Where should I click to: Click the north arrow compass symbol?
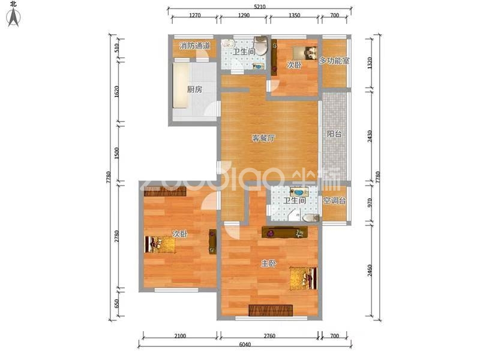[13, 17]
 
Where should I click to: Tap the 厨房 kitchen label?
[194, 89]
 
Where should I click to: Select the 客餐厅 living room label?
[263, 139]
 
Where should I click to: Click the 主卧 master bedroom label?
[269, 263]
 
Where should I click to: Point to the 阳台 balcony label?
[334, 134]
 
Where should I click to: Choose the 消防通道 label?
[195, 46]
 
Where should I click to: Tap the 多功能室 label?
[334, 61]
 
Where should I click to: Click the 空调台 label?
[335, 201]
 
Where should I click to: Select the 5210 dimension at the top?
[260, 7]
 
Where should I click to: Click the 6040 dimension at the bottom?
[245, 344]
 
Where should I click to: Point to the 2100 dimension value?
[180, 336]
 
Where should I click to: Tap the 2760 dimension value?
[269, 336]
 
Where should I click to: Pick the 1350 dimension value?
[295, 16]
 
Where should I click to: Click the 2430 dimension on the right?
[370, 136]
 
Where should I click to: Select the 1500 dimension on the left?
[116, 153]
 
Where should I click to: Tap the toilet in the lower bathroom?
[310, 218]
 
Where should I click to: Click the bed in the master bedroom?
[304, 278]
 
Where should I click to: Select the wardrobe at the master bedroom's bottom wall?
[271, 310]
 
